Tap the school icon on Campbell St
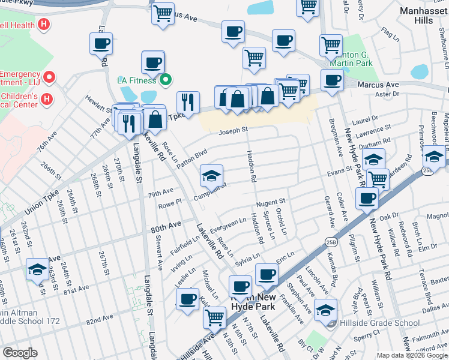(x=211, y=176)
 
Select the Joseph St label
(x=233, y=131)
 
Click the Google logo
(x=20, y=353)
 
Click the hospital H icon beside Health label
(x=43, y=25)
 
